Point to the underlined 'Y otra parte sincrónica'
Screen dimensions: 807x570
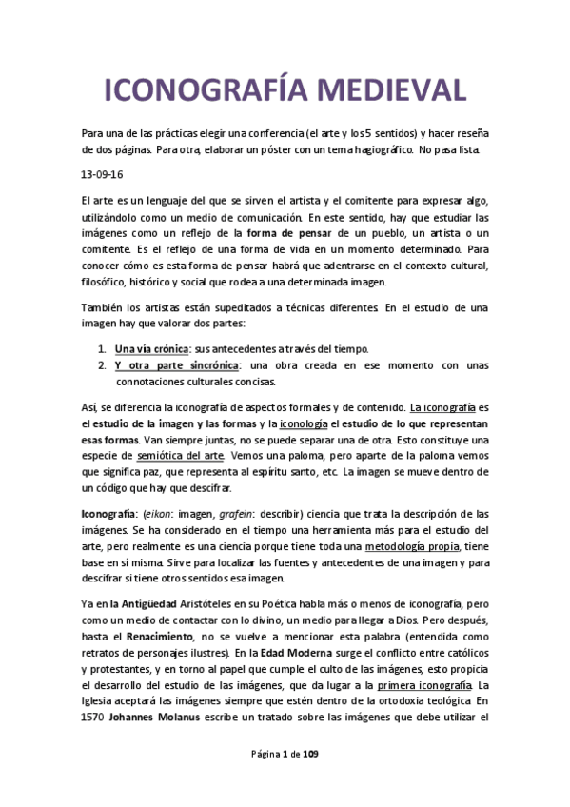pyautogui.click(x=176, y=365)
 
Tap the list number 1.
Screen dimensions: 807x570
pyautogui.click(x=102, y=348)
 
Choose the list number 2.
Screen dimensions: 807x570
pyautogui.click(x=102, y=365)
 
